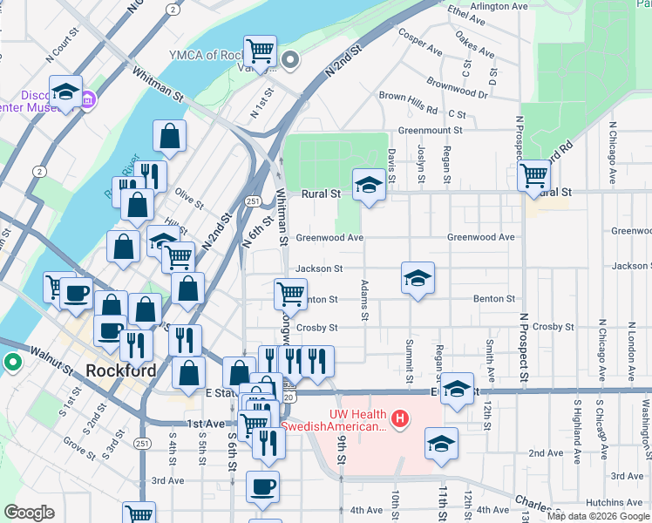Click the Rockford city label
tap(122, 370)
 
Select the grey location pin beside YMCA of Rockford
tap(291, 60)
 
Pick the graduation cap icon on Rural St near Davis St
tap(369, 184)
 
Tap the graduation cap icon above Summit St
tap(418, 278)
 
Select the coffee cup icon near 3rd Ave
tap(261, 486)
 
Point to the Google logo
tap(30, 513)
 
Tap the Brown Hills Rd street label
tap(408, 105)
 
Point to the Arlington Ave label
tap(499, 6)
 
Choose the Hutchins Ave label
tap(614, 503)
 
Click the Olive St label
tap(188, 199)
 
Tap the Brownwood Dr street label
tap(457, 87)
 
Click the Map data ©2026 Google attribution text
tap(598, 516)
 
